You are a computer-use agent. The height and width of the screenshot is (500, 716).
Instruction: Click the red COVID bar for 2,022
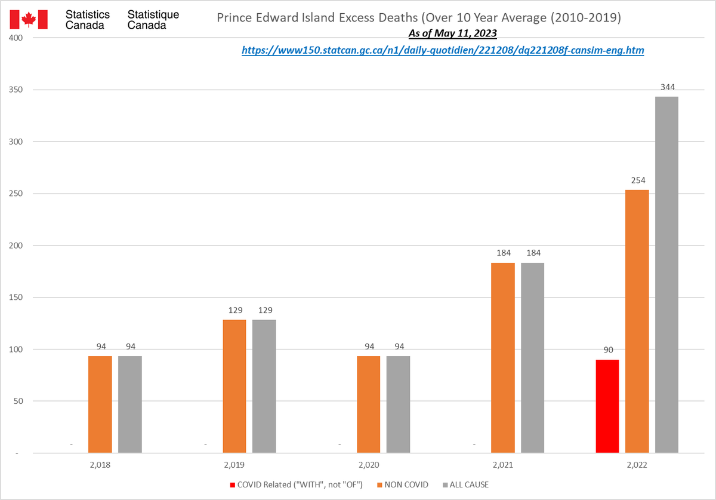[x=607, y=406]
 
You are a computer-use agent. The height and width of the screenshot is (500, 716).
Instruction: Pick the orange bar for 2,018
[x=100, y=404]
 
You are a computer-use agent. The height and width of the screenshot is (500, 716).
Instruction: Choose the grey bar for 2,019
[x=264, y=386]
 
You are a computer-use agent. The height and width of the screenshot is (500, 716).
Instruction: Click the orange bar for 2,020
[x=368, y=404]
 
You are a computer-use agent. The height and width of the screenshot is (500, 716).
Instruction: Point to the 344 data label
[x=667, y=87]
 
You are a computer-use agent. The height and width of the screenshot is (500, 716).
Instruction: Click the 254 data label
[x=637, y=180]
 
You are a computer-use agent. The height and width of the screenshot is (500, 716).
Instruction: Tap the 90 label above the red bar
[x=607, y=350]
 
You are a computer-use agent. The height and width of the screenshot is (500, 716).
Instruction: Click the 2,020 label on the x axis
[x=369, y=464]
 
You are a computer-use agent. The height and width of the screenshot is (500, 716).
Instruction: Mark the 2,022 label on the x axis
[x=637, y=464]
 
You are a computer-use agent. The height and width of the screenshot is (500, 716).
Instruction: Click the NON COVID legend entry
[x=405, y=484]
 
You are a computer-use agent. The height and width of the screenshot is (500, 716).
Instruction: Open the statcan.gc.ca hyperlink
[x=443, y=51]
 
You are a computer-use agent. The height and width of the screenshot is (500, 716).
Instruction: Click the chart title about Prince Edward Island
[x=419, y=18]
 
